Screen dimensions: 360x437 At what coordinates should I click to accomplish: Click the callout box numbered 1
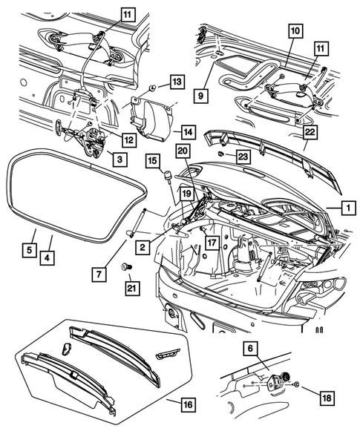coord(348,208)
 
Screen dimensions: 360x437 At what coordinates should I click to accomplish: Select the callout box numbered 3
coord(120,160)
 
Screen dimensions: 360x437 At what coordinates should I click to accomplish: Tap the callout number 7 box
coord(99,275)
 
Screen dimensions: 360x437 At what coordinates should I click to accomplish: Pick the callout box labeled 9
coord(200,96)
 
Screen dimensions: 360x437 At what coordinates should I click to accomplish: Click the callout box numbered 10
coord(295,31)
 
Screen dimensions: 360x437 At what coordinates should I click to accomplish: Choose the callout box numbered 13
coord(177,82)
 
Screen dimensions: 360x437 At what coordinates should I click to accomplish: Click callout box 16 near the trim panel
coord(189,404)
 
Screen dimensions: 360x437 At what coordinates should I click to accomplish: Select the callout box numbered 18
coord(327,398)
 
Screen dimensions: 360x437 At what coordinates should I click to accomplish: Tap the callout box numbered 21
coord(132,289)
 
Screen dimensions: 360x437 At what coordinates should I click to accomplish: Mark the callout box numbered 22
coord(310,132)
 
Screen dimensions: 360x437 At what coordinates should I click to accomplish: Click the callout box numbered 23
coord(243,157)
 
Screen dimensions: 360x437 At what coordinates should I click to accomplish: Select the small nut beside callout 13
coord(153,88)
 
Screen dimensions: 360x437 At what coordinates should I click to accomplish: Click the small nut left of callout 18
coord(296,385)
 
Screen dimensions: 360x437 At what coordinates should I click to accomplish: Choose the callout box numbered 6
coord(250,349)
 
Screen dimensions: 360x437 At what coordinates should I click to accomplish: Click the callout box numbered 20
coord(183,151)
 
